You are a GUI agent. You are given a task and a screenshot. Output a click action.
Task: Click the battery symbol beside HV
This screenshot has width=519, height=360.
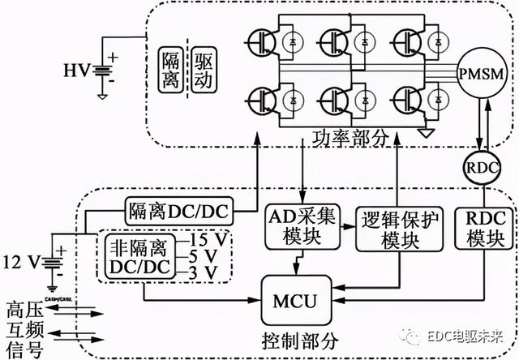coord(103,71)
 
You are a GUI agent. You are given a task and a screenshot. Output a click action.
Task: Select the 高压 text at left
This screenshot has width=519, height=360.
coord(23,308)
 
